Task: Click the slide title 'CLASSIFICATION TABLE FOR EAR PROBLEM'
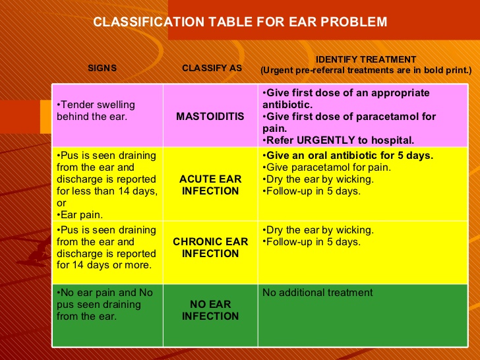tap(240, 22)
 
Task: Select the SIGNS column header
tap(103, 68)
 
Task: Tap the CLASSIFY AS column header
tap(211, 68)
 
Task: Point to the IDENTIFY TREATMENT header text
tap(366, 59)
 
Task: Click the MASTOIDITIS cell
tap(210, 117)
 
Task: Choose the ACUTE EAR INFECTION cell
tap(210, 185)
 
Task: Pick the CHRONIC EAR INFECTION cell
tap(210, 248)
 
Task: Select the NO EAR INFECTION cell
tap(210, 311)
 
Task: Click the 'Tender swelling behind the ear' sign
tap(96, 111)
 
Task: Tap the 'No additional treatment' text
tap(317, 293)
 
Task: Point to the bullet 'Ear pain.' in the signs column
tap(77, 215)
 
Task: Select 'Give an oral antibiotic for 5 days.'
tap(347, 156)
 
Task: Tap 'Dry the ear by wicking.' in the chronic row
tap(318, 230)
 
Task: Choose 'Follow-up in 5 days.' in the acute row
tap(312, 191)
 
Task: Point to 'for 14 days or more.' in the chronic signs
tap(103, 266)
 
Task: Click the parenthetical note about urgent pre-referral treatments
tap(366, 70)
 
